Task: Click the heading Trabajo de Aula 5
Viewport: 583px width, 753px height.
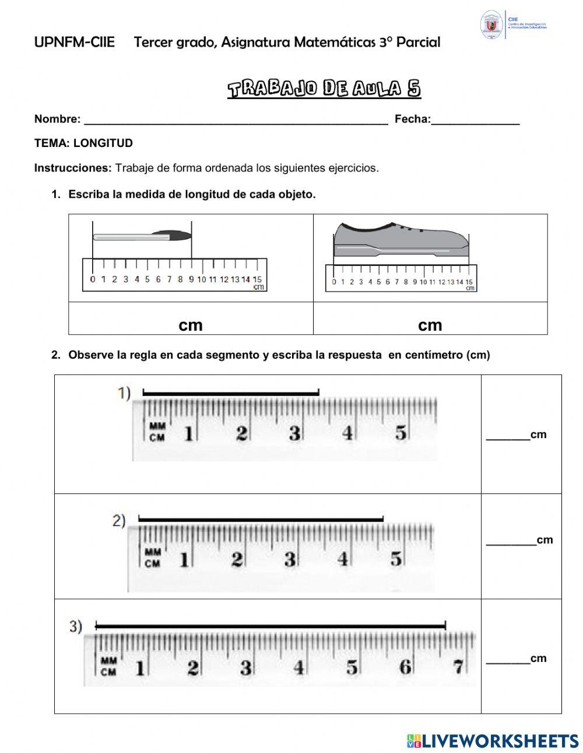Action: point(324,89)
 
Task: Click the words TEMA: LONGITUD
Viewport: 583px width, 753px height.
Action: point(83,143)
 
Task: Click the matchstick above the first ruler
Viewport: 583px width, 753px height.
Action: point(142,236)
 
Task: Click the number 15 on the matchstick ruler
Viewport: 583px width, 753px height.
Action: point(257,279)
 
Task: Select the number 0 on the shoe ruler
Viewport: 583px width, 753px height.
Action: point(334,282)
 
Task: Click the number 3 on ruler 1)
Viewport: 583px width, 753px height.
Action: point(294,433)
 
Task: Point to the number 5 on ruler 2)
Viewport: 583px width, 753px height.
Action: point(396,559)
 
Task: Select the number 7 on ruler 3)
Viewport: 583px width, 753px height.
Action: point(459,666)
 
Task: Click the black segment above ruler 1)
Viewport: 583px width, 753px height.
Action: point(231,393)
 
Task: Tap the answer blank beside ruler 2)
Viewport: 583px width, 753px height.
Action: point(511,541)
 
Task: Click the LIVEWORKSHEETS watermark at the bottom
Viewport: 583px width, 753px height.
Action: point(493,741)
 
